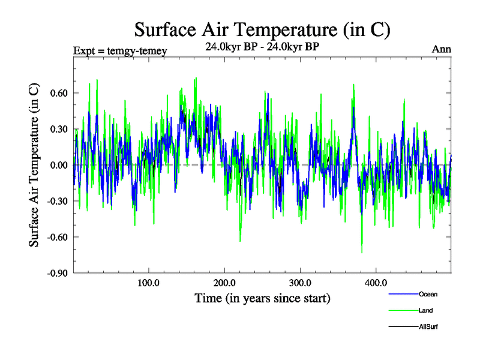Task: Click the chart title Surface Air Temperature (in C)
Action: click(263, 29)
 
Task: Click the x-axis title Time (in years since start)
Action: click(262, 298)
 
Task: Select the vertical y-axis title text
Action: click(34, 165)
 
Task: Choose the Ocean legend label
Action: click(428, 294)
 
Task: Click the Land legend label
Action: click(426, 310)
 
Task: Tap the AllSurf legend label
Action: click(429, 326)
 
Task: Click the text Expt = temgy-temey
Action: click(120, 50)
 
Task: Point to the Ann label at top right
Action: click(441, 49)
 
